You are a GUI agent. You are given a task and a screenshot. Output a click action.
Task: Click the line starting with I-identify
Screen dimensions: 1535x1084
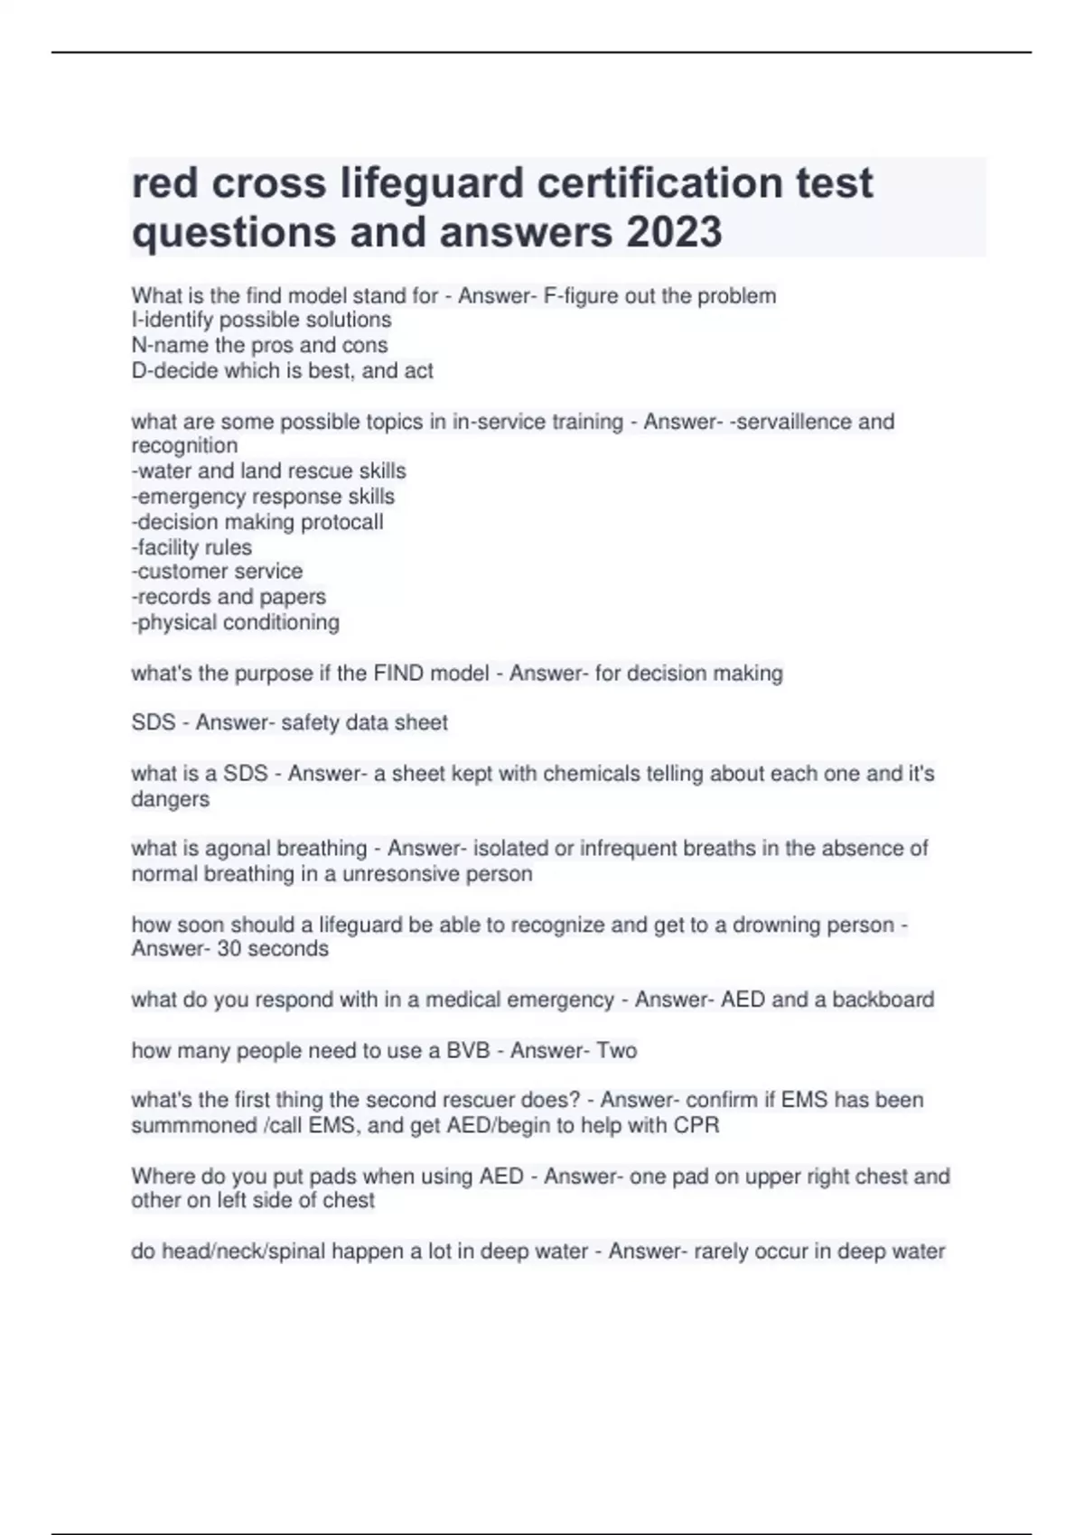point(261,320)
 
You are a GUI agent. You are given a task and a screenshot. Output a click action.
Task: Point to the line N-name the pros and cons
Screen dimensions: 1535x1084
point(259,345)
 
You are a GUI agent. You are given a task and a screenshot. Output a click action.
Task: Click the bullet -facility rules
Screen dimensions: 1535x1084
point(192,547)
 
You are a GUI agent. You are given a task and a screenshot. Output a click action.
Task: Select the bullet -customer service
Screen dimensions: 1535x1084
point(217,572)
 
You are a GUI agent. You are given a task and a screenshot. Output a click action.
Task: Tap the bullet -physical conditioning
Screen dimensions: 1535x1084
point(236,622)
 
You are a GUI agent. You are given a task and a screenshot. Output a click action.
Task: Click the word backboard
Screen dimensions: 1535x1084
point(883,1000)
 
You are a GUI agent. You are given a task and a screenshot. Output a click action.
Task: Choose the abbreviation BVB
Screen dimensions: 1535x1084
point(468,1050)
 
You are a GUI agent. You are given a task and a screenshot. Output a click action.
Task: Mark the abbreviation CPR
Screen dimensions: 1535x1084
point(696,1125)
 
